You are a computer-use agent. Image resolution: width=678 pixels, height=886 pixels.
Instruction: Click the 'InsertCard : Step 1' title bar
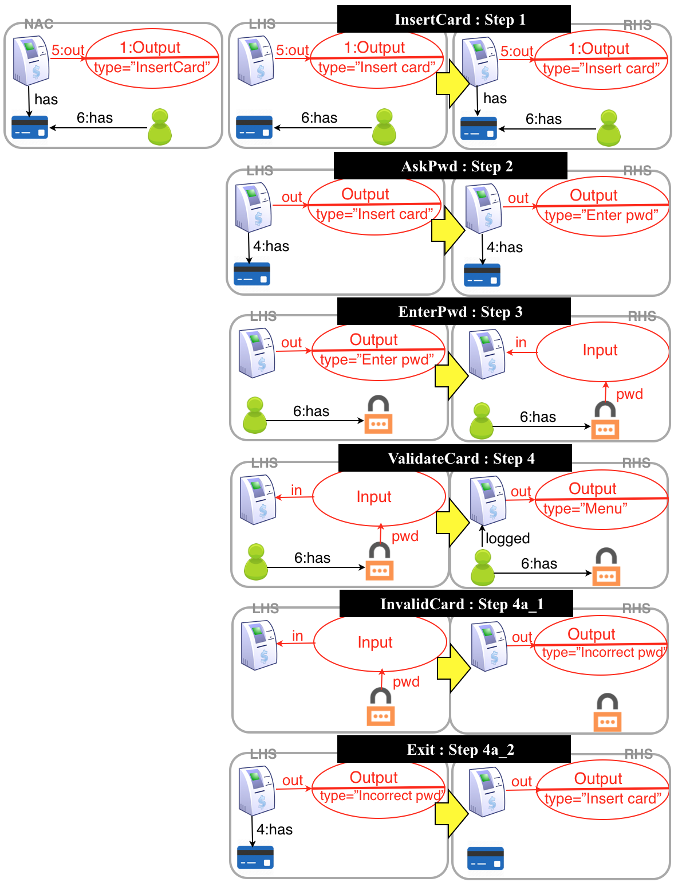pyautogui.click(x=454, y=19)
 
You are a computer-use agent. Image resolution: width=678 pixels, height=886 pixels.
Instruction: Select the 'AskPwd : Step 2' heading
pyautogui.click(x=450, y=166)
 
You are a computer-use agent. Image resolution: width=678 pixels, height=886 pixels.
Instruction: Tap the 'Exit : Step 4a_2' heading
pyautogui.click(x=454, y=750)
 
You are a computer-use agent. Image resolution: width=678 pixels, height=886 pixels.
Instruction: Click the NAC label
pyautogui.click(x=39, y=24)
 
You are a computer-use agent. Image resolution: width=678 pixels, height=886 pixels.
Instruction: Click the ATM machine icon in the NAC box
pyautogui.click(x=31, y=60)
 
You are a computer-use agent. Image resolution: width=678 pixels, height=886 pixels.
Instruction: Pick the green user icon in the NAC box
pyautogui.click(x=160, y=127)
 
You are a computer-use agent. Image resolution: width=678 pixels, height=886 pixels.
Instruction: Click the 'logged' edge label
pyautogui.click(x=507, y=538)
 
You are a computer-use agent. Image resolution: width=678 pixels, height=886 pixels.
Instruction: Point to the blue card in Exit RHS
pyautogui.click(x=485, y=858)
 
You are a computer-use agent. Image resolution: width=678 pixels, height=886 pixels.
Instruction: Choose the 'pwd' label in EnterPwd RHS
pyautogui.click(x=629, y=394)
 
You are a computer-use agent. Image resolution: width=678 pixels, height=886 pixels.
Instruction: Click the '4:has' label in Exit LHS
pyautogui.click(x=274, y=829)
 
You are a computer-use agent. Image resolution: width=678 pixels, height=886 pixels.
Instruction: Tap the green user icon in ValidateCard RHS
pyautogui.click(x=483, y=567)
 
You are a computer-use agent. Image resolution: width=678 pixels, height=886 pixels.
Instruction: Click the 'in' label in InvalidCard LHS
pyautogui.click(x=297, y=636)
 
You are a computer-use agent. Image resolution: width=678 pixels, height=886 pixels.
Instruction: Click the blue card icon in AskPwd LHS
pyautogui.click(x=252, y=274)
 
